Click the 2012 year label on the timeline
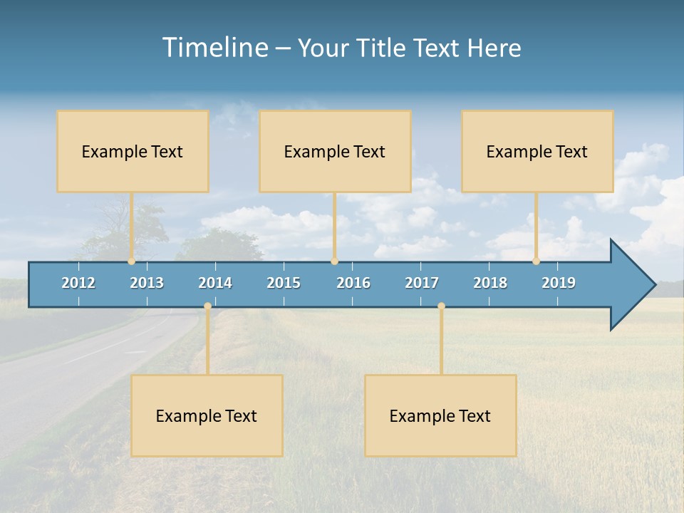(x=78, y=283)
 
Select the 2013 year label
(x=147, y=283)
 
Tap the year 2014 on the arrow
(x=215, y=283)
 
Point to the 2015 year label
(x=284, y=283)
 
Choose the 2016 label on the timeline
(x=353, y=283)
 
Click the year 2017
(x=422, y=283)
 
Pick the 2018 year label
(x=490, y=283)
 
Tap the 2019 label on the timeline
(x=559, y=283)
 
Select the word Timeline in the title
(x=214, y=48)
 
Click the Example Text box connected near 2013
(x=133, y=151)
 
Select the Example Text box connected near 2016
(x=335, y=151)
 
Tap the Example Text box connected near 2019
(x=537, y=151)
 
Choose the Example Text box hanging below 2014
(x=207, y=415)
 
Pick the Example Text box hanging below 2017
(x=440, y=415)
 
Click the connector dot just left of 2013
(x=131, y=261)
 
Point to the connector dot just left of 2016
(x=335, y=261)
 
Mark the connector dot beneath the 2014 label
(x=207, y=306)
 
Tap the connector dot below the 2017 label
(x=441, y=306)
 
